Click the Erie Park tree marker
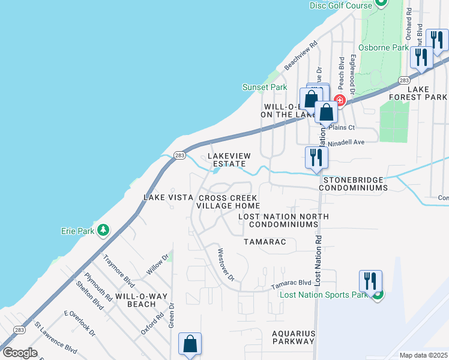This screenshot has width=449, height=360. [103, 230]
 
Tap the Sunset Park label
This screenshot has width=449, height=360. [265, 87]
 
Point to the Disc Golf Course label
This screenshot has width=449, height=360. [341, 5]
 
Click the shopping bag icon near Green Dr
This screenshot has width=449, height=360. [190, 344]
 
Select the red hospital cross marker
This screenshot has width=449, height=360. [339, 100]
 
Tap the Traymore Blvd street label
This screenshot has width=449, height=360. [118, 271]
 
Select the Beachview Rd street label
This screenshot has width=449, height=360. [301, 55]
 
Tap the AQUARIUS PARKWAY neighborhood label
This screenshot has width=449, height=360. [293, 337]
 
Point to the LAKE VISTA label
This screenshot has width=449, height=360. [168, 197]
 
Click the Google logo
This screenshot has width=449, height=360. [20, 353]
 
